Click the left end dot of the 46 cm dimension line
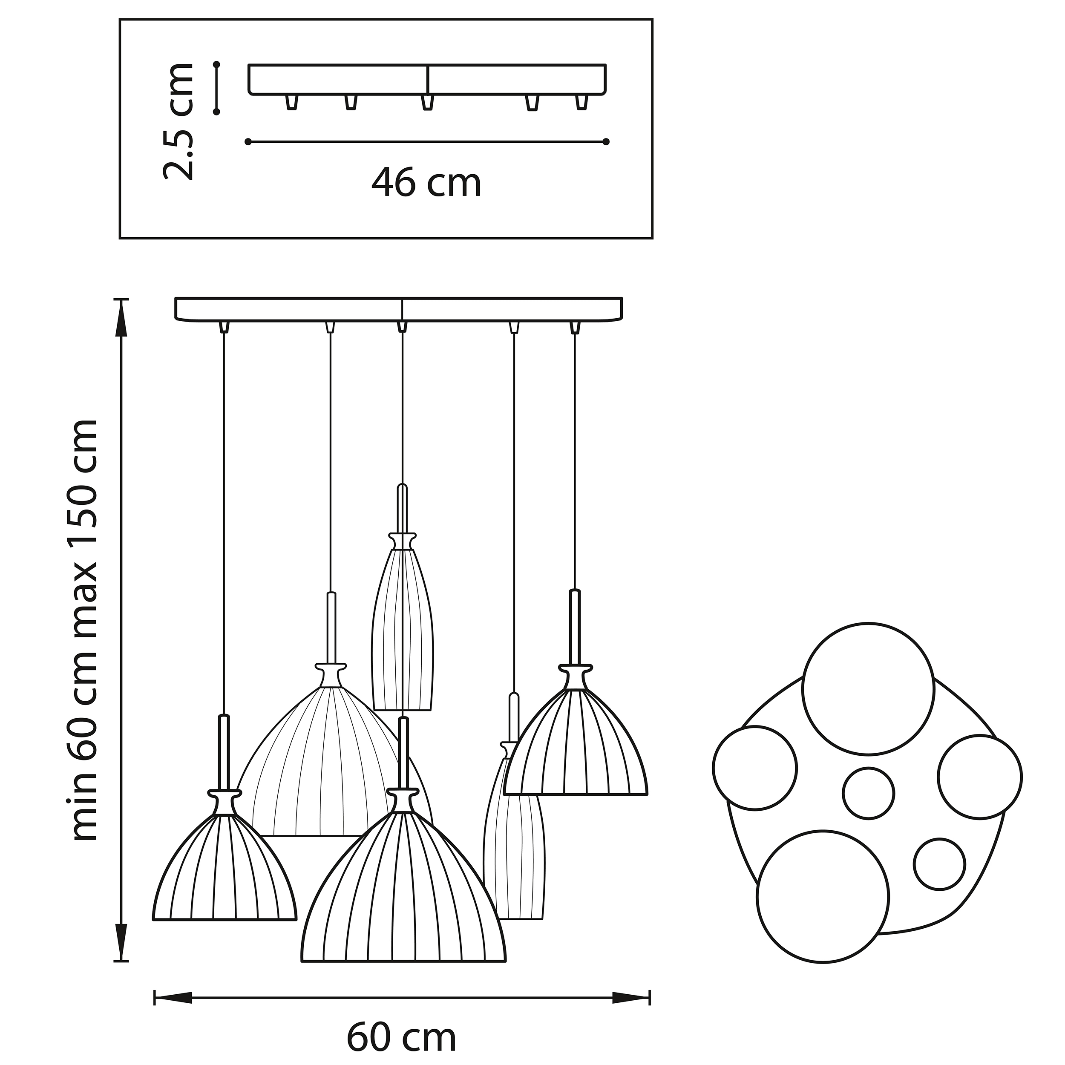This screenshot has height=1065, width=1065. click(x=248, y=142)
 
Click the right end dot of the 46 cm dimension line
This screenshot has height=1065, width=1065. click(x=606, y=142)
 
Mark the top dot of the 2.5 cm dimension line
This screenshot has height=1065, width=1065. click(x=217, y=64)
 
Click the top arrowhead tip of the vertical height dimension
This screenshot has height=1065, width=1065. click(x=121, y=299)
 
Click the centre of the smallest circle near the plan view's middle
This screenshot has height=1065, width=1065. click(x=868, y=793)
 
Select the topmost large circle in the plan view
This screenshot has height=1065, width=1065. click(x=868, y=689)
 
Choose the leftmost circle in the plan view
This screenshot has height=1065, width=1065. click(x=754, y=768)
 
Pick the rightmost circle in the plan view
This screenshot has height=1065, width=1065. click(x=979, y=777)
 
